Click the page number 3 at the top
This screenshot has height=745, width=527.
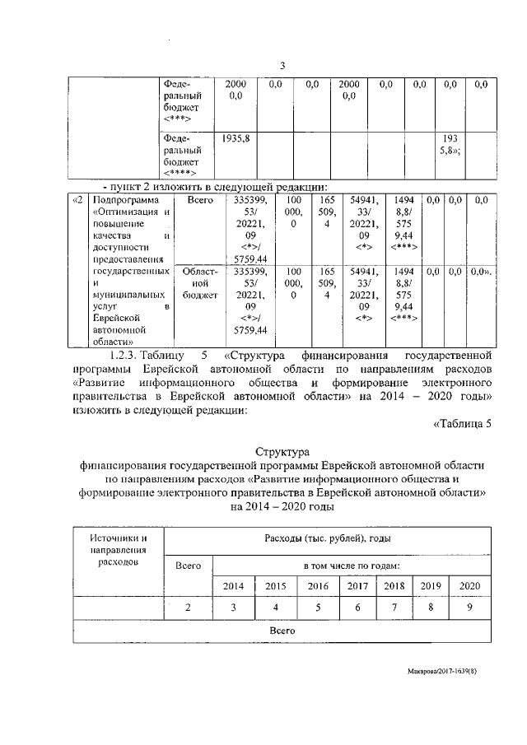(282, 67)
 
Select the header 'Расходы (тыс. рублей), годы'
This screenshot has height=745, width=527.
(327, 538)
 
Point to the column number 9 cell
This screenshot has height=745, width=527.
(469, 608)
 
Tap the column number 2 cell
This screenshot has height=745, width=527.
(189, 608)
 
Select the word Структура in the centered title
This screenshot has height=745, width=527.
(282, 452)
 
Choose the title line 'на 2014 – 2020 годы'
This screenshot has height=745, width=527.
(282, 507)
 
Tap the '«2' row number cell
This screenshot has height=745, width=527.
(77, 200)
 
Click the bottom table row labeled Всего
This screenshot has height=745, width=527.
(282, 629)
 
